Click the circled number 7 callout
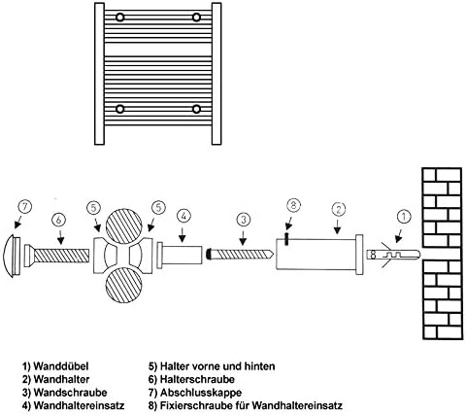25,207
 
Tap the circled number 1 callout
404,218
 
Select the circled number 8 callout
294,206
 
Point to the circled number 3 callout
244,220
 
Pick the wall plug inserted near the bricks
393,255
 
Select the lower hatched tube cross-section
124,286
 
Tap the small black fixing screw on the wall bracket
286,238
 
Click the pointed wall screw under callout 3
240,254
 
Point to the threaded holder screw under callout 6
56,256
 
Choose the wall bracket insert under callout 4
180,256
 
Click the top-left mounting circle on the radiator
120,17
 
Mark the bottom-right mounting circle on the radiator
196,109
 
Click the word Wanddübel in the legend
61,366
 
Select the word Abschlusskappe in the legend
201,393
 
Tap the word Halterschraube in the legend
197,379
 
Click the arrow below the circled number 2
338,227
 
